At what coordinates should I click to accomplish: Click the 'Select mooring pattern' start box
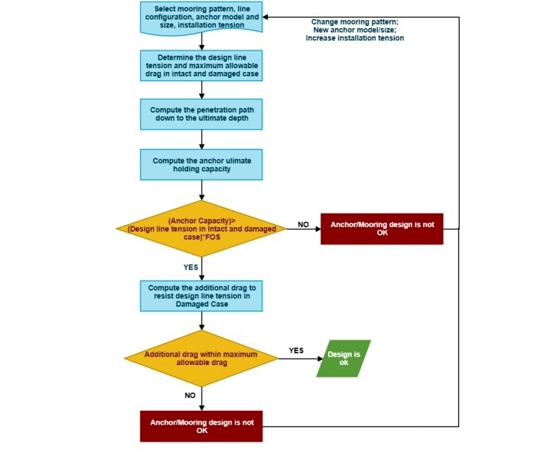point(201,18)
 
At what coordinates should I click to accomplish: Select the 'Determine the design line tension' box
point(201,66)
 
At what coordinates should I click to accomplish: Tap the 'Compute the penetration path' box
point(201,115)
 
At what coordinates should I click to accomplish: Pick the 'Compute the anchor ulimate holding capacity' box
point(201,165)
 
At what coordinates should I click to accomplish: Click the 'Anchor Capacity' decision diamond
point(201,229)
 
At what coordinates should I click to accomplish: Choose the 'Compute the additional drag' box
point(201,296)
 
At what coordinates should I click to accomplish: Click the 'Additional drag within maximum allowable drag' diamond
point(201,358)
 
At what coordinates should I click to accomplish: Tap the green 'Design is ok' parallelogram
point(343,358)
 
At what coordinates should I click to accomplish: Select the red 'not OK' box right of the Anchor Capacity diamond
point(382,229)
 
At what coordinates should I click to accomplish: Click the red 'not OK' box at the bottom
point(201,426)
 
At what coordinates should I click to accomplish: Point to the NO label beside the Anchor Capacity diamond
point(303,224)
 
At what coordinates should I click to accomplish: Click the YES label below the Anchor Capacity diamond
point(190,267)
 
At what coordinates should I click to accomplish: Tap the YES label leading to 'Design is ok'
point(296,351)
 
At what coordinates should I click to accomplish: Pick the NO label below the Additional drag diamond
point(190,395)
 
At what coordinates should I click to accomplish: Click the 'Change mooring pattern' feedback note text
point(355,30)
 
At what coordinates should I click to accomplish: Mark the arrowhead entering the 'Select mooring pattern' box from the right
point(265,17)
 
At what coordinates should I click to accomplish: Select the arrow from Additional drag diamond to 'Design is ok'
point(301,359)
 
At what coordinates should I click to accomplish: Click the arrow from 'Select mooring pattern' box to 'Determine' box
point(202,41)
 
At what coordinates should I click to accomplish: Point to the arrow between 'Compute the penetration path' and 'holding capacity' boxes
point(202,139)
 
